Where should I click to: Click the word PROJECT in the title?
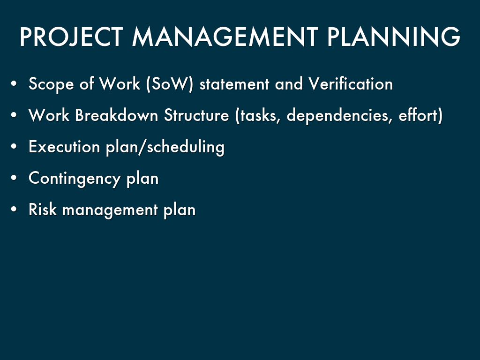tap(71, 37)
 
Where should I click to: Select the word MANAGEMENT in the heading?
tap(225, 37)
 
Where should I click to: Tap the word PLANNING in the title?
tap(394, 37)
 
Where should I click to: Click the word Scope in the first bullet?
tap(51, 84)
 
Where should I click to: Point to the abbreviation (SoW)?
tap(170, 84)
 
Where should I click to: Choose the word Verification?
tap(351, 83)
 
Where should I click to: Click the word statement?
tap(234, 84)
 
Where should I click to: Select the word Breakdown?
tap(116, 115)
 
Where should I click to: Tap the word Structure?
tap(196, 115)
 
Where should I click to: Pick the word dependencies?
tap(339, 116)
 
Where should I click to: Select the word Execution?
tap(64, 147)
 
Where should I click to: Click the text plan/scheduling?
tap(165, 147)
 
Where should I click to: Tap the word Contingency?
tap(75, 179)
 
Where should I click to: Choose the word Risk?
tap(43, 210)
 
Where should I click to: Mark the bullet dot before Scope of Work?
tap(14, 83)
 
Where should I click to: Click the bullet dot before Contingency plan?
tap(14, 178)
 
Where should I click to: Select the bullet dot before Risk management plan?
tap(14, 210)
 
